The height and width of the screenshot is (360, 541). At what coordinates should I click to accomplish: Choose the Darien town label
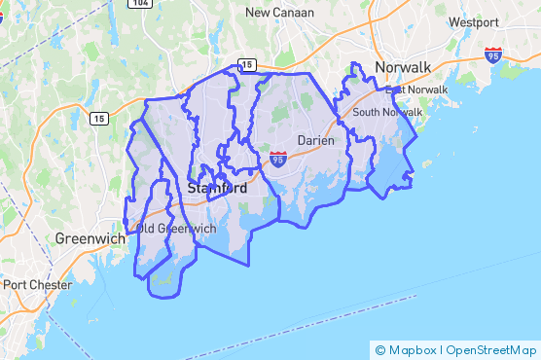tap(315, 140)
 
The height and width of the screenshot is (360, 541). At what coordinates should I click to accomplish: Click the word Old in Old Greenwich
tap(146, 229)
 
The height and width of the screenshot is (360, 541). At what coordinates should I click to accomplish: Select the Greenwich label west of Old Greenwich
tap(90, 237)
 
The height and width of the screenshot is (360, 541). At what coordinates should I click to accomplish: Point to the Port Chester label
tap(37, 285)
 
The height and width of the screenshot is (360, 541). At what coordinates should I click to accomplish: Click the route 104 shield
tap(141, 4)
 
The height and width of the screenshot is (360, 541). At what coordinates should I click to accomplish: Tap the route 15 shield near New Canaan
tap(247, 65)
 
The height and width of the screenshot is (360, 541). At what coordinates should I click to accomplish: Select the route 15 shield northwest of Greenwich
tap(98, 119)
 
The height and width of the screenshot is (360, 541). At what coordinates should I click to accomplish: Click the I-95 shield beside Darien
tap(278, 159)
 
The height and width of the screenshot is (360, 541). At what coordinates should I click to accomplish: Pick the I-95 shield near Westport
tap(493, 54)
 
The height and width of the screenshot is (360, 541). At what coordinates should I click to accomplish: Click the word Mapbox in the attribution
tap(413, 349)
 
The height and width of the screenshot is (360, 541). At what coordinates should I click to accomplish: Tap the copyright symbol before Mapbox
tap(379, 349)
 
